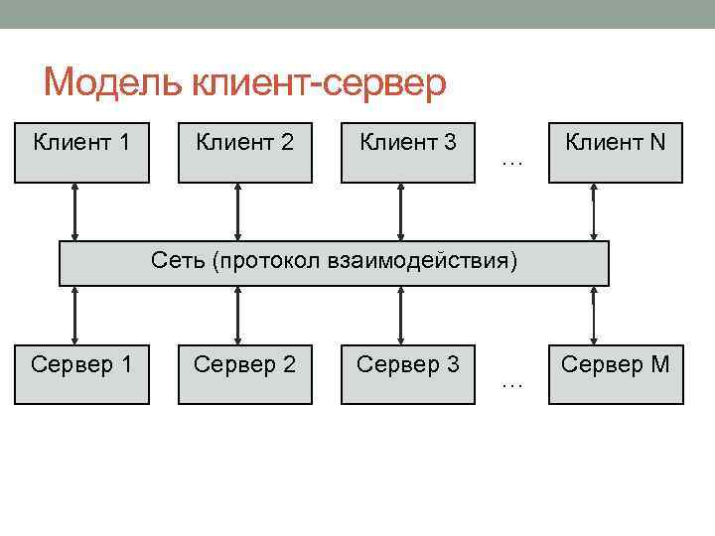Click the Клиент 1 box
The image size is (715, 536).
click(x=81, y=152)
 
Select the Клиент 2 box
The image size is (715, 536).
click(x=244, y=152)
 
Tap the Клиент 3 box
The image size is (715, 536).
click(x=407, y=152)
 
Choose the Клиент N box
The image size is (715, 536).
click(x=616, y=152)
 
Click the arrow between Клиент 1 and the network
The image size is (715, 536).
click(x=74, y=212)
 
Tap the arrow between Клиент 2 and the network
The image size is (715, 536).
click(x=237, y=212)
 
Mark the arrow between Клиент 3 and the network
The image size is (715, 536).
click(x=400, y=212)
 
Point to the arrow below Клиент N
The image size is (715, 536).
click(x=594, y=212)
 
